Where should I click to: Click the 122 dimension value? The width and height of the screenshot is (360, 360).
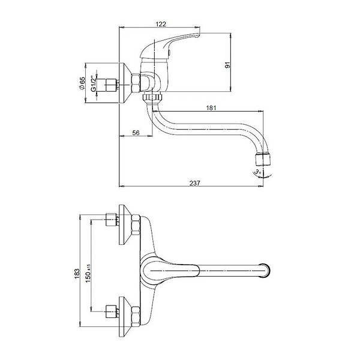(x=161, y=24)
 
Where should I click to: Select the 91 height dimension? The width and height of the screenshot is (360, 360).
(x=227, y=65)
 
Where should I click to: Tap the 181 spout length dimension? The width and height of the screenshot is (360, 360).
(x=211, y=107)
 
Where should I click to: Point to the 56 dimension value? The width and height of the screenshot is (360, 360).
(x=136, y=133)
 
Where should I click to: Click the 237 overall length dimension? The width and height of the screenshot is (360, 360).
(x=194, y=183)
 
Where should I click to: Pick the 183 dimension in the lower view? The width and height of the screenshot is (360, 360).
(x=77, y=274)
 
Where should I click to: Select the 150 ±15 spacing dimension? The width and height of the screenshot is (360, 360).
(x=88, y=273)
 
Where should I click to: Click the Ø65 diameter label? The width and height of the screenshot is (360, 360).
(x=82, y=83)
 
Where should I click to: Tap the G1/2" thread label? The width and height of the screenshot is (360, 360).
(x=93, y=83)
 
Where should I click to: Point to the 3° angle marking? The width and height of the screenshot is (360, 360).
(x=257, y=171)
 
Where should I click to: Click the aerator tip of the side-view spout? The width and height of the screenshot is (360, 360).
(x=263, y=160)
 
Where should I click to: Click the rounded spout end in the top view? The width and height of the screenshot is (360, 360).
(x=265, y=271)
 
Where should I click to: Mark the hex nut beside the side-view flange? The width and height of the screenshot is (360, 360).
(x=136, y=83)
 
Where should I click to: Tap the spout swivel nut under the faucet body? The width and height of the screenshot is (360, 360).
(x=152, y=97)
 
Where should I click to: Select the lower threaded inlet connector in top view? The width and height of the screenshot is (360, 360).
(x=111, y=311)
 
